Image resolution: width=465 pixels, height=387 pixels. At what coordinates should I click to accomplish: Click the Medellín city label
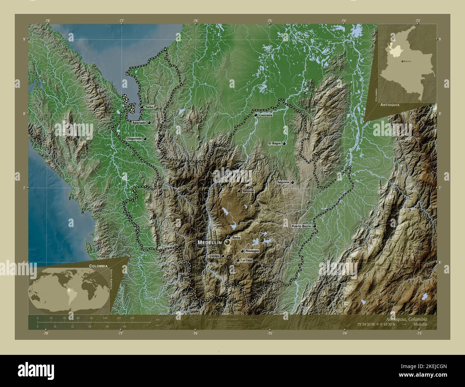click(210, 242)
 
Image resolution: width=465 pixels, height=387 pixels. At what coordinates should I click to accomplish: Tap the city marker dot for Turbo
click(142, 107)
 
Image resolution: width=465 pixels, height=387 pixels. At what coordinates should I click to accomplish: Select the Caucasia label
click(266, 115)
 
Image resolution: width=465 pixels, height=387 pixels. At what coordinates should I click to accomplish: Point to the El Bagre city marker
click(284, 144)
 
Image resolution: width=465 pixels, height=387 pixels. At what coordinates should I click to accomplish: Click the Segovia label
click(283, 182)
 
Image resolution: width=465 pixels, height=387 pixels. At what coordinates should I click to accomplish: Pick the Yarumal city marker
click(239, 191)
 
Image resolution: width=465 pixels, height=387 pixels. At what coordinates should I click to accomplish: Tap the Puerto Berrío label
click(301, 226)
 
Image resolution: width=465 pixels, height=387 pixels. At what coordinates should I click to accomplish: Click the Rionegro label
click(252, 251)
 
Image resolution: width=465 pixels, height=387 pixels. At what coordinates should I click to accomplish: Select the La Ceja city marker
click(238, 261)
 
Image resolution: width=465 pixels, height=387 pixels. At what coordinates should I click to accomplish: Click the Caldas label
click(214, 256)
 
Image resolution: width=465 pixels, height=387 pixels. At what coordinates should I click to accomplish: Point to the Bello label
click(236, 238)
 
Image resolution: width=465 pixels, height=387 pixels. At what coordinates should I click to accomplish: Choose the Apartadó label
click(139, 123)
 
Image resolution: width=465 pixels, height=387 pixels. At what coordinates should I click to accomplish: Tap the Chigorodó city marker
click(145, 139)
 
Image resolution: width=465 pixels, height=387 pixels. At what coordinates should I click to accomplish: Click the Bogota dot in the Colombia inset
click(402, 61)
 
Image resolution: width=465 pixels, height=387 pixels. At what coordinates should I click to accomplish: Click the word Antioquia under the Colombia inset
click(390, 105)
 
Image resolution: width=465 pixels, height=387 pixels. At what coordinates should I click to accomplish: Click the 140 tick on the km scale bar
click(132, 318)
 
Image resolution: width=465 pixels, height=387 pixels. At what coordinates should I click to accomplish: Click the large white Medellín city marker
click(227, 243)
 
